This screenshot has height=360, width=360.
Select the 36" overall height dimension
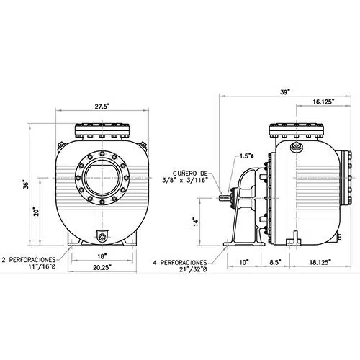(26, 184)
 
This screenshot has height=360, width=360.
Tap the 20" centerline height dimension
(36, 212)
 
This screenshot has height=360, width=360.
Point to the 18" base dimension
(102, 256)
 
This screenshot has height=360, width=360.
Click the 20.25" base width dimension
(102, 267)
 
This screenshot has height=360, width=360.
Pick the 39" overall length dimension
(285, 92)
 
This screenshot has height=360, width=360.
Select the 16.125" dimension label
(323, 102)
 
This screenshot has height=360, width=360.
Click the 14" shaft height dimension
(196, 222)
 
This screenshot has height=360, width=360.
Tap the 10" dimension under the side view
(243, 262)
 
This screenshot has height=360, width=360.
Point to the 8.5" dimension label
(275, 262)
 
